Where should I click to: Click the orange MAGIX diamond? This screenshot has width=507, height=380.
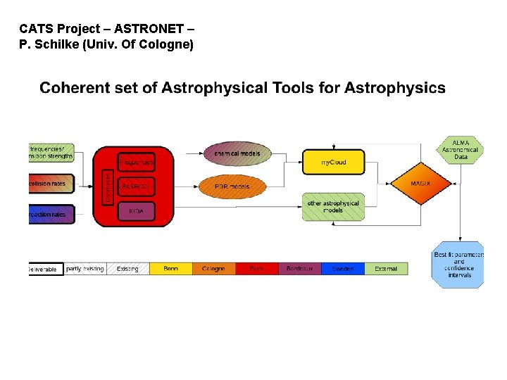(420, 183)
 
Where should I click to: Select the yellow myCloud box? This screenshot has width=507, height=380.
(334, 162)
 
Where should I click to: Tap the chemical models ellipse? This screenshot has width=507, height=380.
(237, 153)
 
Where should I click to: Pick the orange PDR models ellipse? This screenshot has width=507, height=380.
(232, 187)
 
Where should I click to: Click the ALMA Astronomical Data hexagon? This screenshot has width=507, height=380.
(461, 149)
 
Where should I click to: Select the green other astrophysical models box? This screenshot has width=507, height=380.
(333, 206)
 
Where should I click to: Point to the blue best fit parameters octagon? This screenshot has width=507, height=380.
(458, 265)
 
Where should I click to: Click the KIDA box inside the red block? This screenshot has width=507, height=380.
(136, 210)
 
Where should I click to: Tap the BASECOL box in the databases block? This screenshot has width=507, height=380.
(136, 186)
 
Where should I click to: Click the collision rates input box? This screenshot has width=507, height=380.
(51, 184)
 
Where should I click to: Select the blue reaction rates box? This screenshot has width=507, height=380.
(51, 214)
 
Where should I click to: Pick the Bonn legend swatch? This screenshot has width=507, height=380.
(171, 269)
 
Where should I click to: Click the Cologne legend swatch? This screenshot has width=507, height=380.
(214, 269)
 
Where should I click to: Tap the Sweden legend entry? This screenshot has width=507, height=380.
(343, 269)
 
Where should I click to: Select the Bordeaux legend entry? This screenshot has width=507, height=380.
(300, 269)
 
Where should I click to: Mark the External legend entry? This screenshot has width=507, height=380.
(386, 269)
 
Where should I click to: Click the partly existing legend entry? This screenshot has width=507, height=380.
(85, 269)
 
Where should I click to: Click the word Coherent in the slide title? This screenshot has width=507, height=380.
(74, 88)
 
